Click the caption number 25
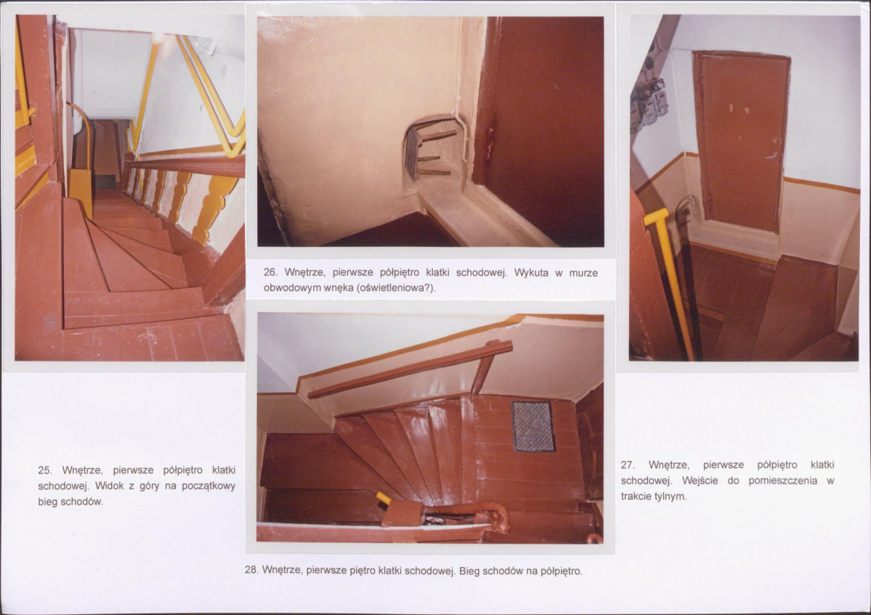point(44,471)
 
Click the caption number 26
point(270,272)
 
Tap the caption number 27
point(628,465)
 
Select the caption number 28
point(251,570)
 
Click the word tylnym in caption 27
point(670,497)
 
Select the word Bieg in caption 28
point(469,571)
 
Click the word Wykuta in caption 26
point(532,272)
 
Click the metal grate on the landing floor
point(533,425)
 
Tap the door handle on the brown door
point(773,155)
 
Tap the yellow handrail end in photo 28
point(384,498)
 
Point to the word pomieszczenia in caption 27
point(782,481)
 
